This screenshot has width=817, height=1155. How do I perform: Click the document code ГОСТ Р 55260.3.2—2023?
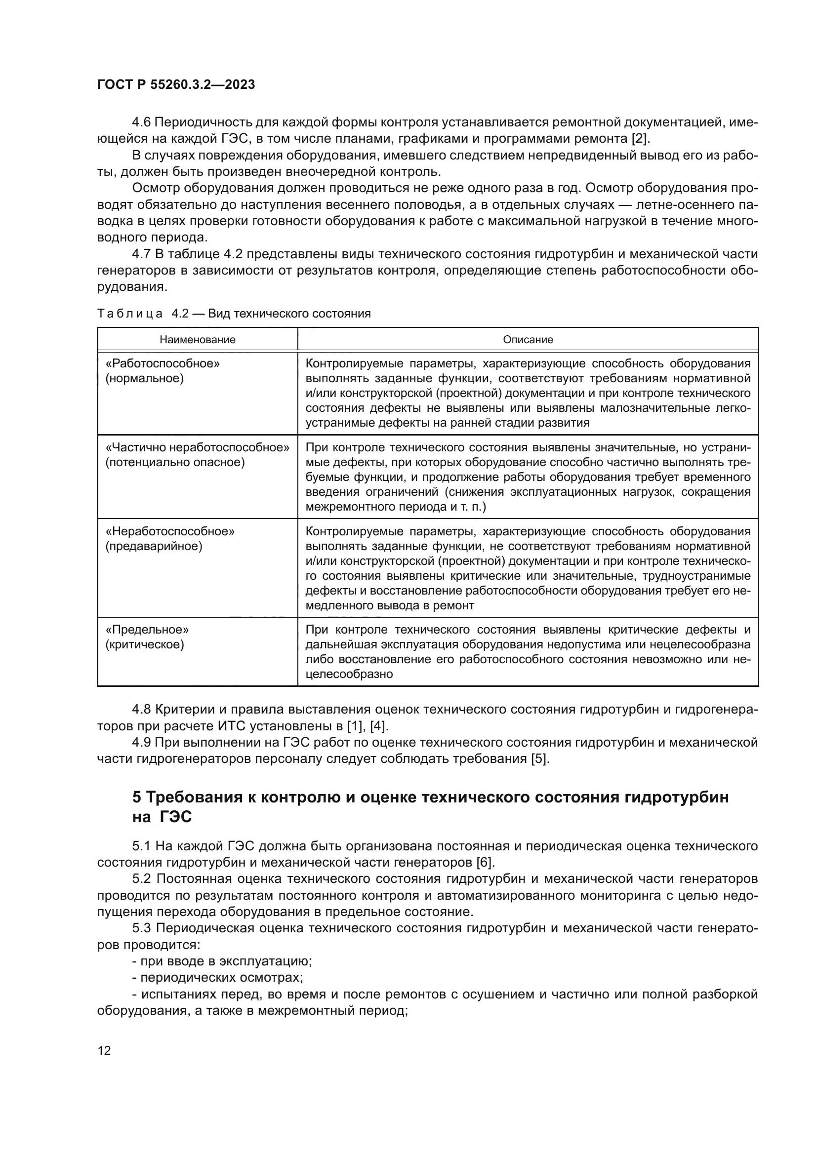[176, 84]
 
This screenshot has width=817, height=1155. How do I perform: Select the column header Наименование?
[197, 340]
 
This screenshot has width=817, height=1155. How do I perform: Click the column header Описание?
[528, 340]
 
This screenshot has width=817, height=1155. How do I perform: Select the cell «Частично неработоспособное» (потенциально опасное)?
[197, 455]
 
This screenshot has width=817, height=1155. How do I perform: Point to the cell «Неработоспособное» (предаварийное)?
[169, 538]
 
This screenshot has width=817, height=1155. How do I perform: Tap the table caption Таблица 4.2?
[142, 314]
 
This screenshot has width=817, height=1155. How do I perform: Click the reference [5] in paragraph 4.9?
[539, 758]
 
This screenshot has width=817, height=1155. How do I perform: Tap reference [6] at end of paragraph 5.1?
[484, 863]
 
